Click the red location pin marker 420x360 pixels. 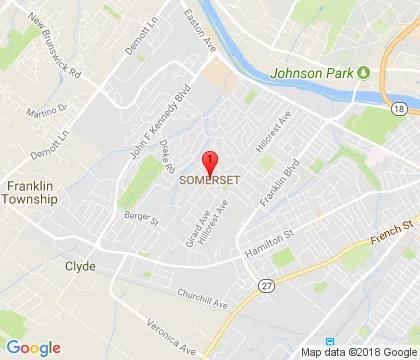(x=210, y=163)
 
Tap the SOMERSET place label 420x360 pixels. (x=210, y=181)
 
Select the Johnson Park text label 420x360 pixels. (x=313, y=72)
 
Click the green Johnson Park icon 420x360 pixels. (x=365, y=71)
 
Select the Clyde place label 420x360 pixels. (x=80, y=267)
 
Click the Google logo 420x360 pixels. (x=33, y=347)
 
